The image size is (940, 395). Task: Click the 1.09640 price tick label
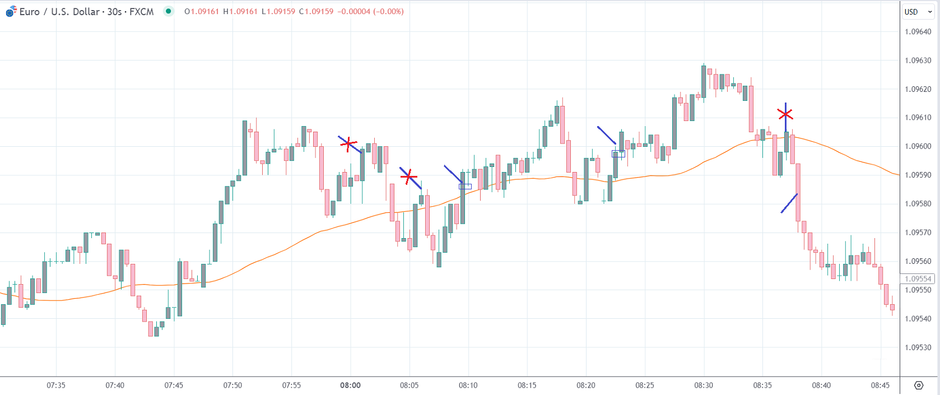[918, 32]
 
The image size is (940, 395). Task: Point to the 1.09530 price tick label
[918, 347]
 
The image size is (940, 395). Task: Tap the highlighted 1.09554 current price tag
[917, 279]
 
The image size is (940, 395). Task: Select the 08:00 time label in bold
[350, 385]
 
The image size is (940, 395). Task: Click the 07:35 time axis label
[56, 385]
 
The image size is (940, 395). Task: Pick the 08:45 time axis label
[880, 385]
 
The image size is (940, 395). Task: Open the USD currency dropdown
[918, 12]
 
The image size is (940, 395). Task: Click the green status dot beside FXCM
[168, 11]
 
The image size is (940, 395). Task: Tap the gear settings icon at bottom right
[919, 385]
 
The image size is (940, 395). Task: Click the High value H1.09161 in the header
[240, 11]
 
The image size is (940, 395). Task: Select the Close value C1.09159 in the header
[316, 11]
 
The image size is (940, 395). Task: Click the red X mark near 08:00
[348, 144]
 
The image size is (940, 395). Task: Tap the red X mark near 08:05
[409, 177]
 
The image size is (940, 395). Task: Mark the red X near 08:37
[785, 114]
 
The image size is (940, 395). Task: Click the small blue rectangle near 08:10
[465, 187]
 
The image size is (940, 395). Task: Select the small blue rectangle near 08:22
[618, 154]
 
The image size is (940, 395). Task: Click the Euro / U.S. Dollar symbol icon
[11, 11]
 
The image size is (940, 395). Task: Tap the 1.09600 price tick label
[918, 146]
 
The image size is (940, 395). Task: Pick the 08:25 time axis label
[645, 385]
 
